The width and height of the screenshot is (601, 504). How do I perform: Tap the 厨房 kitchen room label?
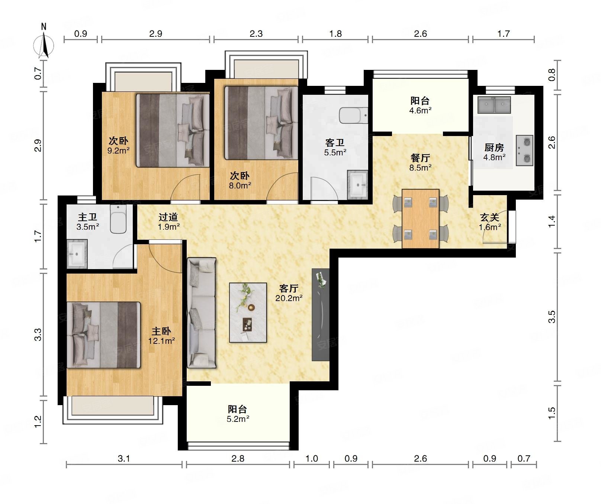pos(494,148)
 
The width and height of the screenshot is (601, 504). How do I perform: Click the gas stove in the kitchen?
pos(524,151)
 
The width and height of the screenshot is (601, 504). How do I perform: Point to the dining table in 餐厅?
pos(421,219)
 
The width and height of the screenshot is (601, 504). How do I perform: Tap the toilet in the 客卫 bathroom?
pos(354,116)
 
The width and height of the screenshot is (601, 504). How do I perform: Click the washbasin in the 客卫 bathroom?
pos(358,185)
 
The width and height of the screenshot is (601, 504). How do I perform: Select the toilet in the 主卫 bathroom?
pos(119,220)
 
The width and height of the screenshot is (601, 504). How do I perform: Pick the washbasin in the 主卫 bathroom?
pos(77,254)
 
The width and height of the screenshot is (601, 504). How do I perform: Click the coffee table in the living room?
pos(248,313)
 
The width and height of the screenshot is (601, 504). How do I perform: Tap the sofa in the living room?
pos(202,313)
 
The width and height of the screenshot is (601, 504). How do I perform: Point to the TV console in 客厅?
pos(321,314)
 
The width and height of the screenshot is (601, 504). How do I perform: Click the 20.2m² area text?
pos(289,298)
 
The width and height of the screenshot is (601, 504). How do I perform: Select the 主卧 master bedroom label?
pos(161,331)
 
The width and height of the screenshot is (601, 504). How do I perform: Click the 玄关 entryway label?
pos(489,217)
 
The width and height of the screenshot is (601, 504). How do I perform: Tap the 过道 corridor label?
pos(168,217)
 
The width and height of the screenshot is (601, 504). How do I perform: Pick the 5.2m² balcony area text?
pos(238,419)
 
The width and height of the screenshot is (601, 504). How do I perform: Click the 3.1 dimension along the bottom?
pos(124,459)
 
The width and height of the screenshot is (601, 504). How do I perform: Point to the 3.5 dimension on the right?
pos(552,317)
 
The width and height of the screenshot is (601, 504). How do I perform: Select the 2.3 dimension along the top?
pos(256,34)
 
